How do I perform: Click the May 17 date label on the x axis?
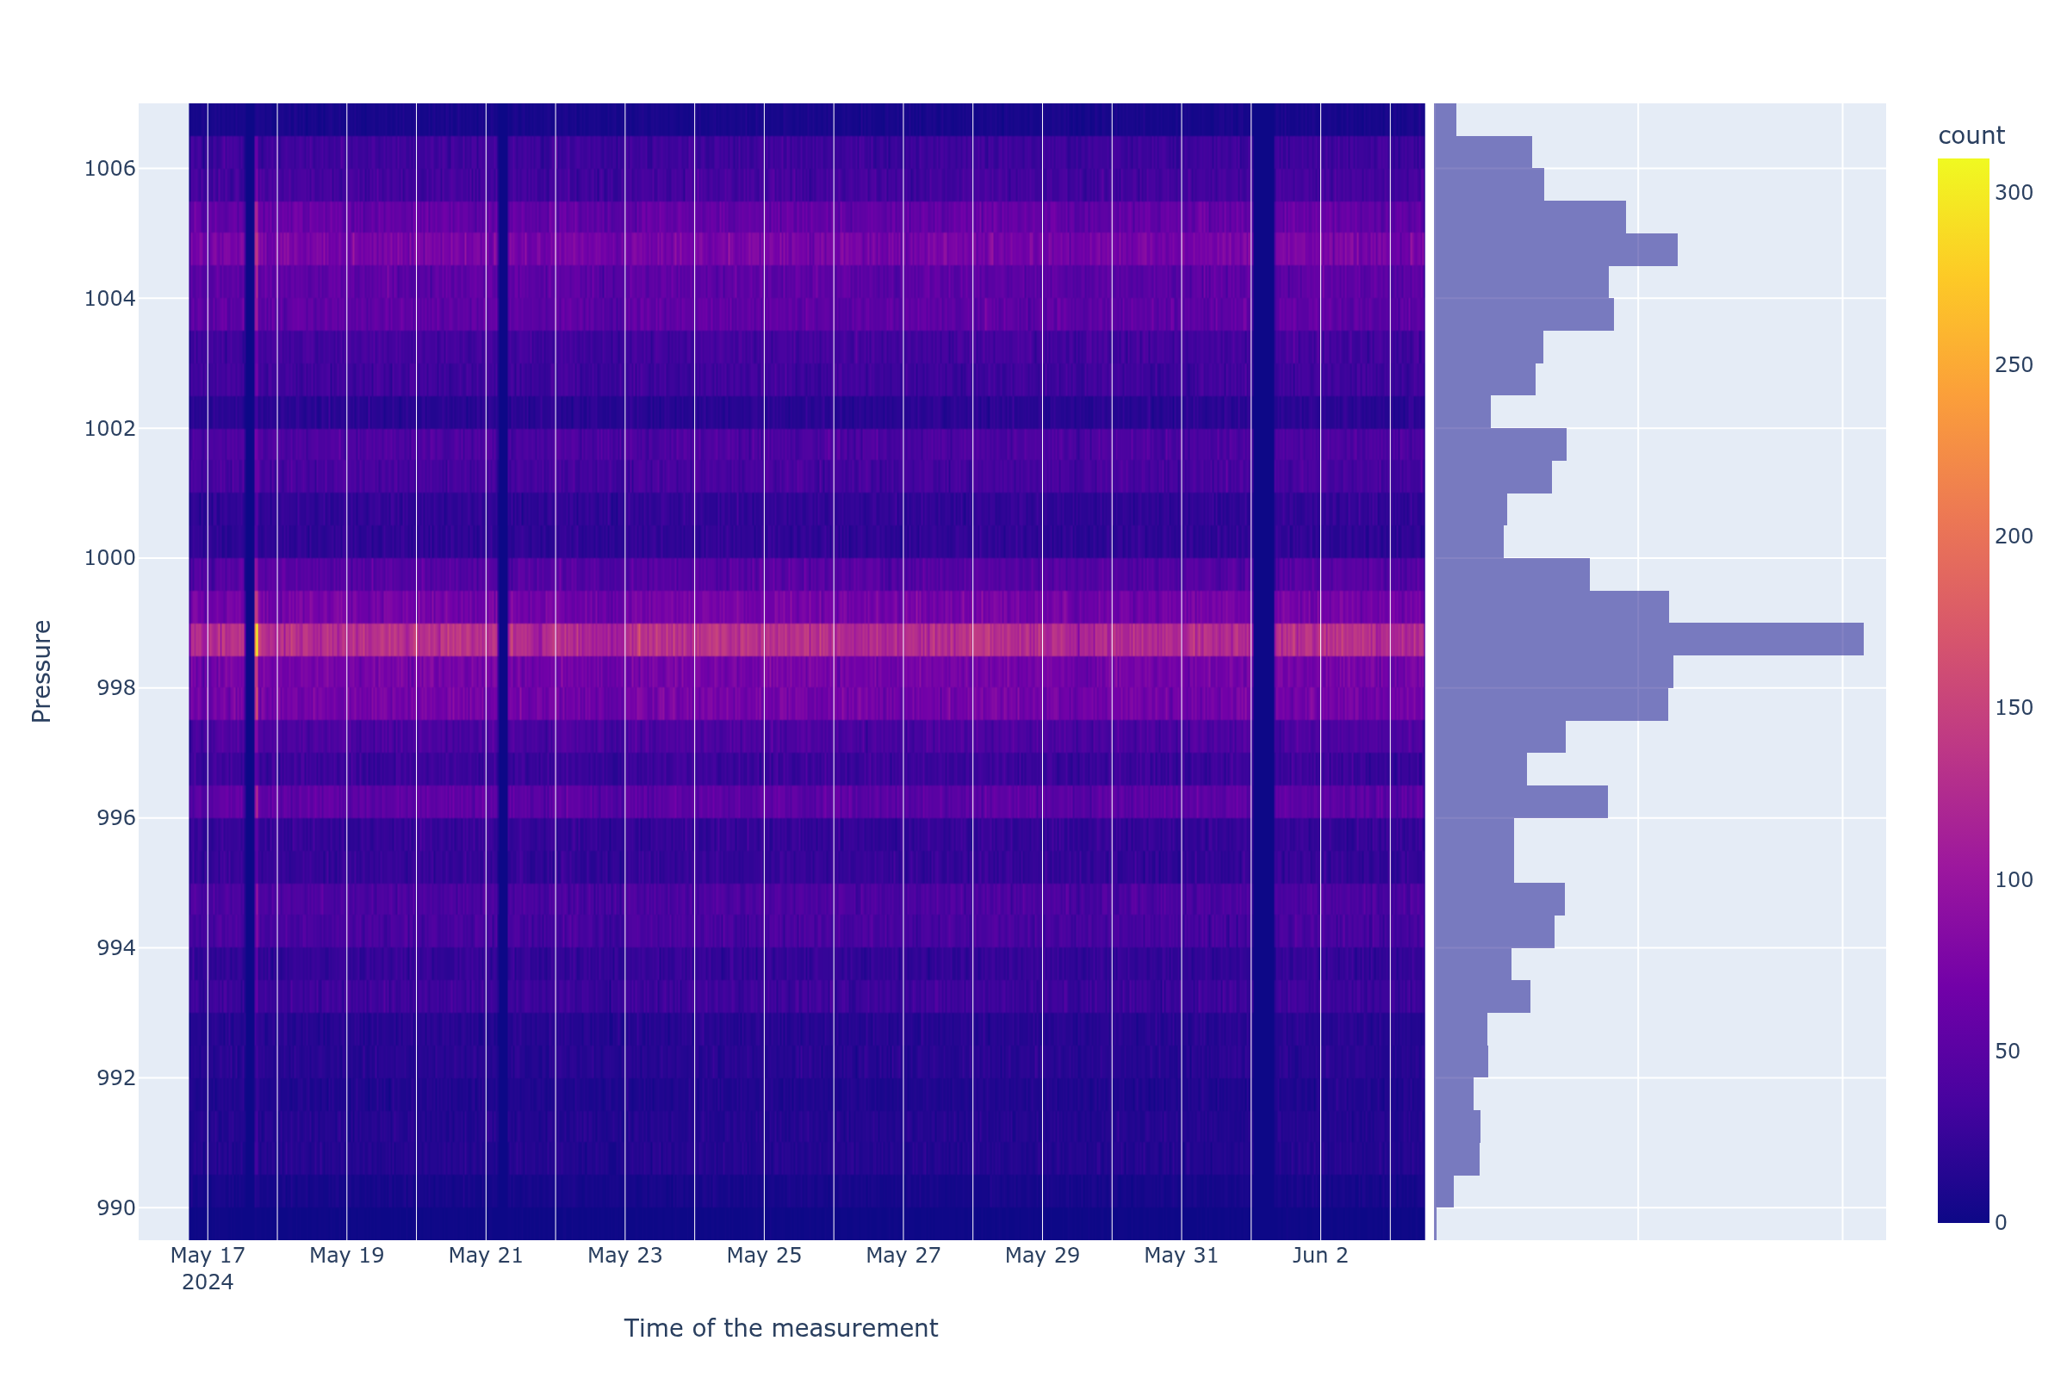[x=208, y=1256]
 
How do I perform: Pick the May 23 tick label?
[x=625, y=1256]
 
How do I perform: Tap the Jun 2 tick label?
[x=1320, y=1256]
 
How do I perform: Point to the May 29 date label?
[x=1042, y=1256]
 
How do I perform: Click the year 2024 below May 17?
[x=208, y=1283]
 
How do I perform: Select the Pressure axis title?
[x=41, y=672]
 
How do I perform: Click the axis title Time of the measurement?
[x=780, y=1329]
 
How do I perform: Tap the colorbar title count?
[x=1971, y=136]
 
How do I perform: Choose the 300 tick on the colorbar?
[x=2014, y=193]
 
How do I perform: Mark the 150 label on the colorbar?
[x=2014, y=708]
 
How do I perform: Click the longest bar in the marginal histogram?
[x=1648, y=640]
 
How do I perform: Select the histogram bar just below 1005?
[x=1555, y=251]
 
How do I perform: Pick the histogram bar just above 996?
[x=1520, y=803]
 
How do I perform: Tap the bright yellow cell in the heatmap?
[x=256, y=640]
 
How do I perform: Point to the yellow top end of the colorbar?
[x=1963, y=164]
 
